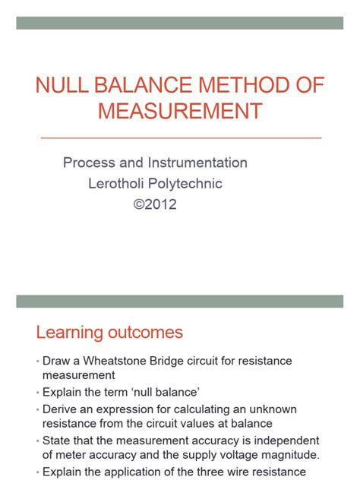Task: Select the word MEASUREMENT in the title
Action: [x=180, y=111]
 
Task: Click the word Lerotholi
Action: [x=116, y=183]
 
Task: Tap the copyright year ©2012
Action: [x=155, y=204]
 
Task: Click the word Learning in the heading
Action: [x=70, y=332]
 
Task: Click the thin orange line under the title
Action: [x=180, y=137]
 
